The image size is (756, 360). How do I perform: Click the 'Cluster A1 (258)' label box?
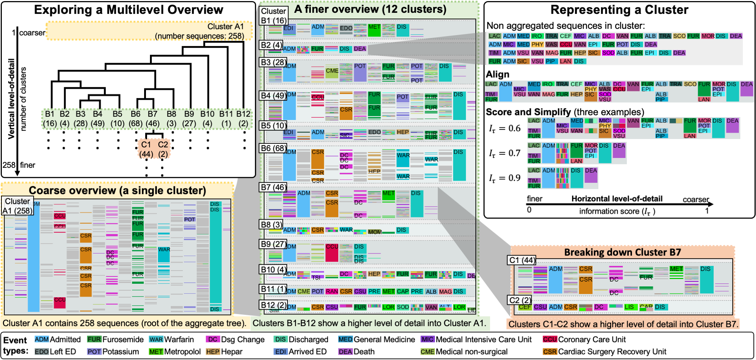point(17,206)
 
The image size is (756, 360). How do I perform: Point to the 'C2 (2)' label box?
point(520,300)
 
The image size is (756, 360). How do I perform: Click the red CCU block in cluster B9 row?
point(332,252)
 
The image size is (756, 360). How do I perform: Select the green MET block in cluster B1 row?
point(374,30)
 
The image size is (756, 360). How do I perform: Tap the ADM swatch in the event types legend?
point(42,339)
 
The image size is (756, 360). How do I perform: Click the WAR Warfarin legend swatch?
point(156,339)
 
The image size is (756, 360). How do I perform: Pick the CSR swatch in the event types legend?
point(550,352)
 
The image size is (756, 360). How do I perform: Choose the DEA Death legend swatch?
point(345,352)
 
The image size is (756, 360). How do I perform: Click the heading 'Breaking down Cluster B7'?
point(622,252)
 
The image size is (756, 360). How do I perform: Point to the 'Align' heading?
point(498,74)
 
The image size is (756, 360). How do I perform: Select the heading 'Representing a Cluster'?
point(619,10)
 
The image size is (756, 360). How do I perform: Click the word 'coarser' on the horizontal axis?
point(696,200)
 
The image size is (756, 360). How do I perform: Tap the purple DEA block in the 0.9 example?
point(591,175)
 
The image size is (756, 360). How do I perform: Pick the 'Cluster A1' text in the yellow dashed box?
point(225,27)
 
